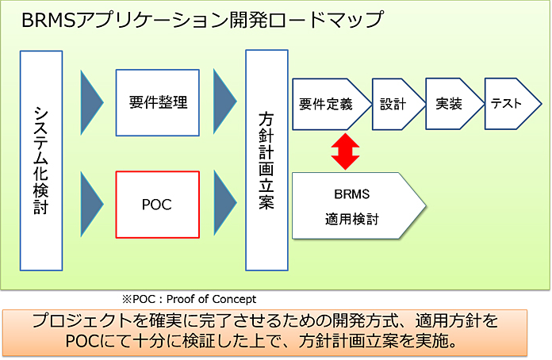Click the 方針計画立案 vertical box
tap(266, 159)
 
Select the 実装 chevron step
tap(450, 104)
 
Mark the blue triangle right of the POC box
tap(224, 204)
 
